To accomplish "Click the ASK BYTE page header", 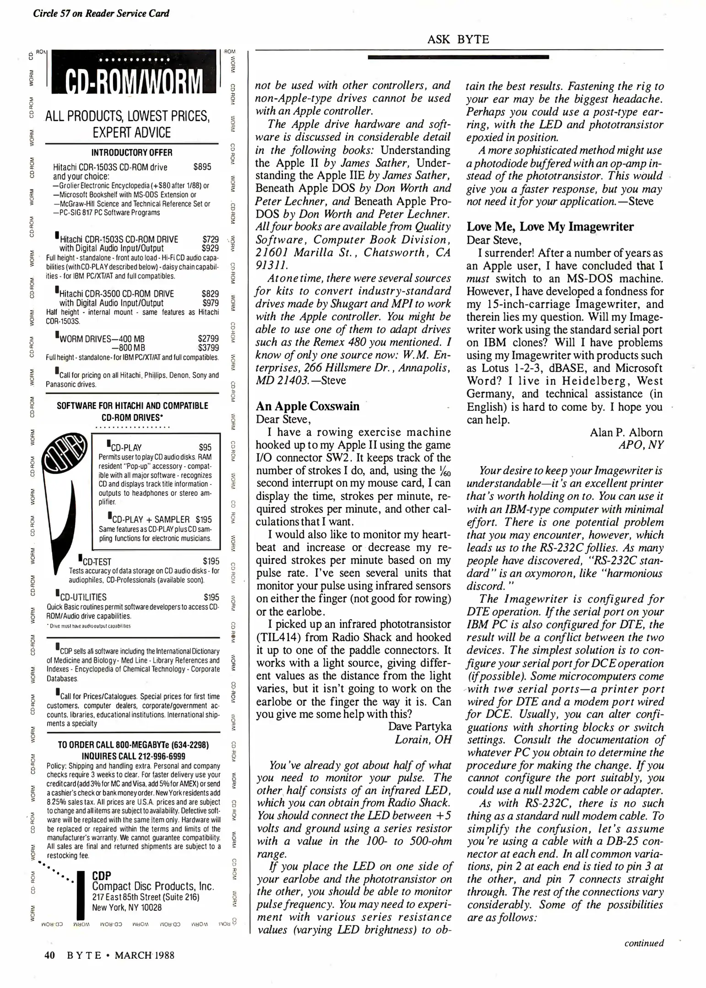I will (458, 39).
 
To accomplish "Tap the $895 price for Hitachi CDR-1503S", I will (202, 167).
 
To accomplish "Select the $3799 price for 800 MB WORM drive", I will (208, 348).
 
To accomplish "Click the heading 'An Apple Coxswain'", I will (308, 406).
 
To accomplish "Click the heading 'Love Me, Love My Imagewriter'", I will (550, 226).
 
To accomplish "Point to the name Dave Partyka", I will (419, 726).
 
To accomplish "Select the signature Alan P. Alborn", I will (626, 432).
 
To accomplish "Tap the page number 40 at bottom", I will (50, 955).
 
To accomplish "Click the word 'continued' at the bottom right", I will (644, 943).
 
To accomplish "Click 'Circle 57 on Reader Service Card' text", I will (101, 13).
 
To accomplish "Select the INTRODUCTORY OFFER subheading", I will (132, 153).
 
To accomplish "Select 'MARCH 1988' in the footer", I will (144, 955).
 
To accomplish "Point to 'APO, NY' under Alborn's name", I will (640, 445).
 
